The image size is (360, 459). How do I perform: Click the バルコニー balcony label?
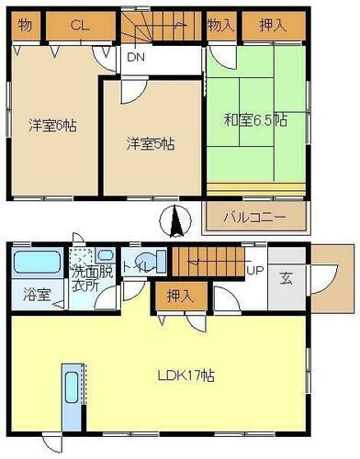[x=255, y=218]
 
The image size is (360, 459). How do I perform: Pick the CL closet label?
[x=80, y=27]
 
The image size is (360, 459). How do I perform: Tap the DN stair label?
[x=135, y=57]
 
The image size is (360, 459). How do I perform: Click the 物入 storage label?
[x=219, y=26]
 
